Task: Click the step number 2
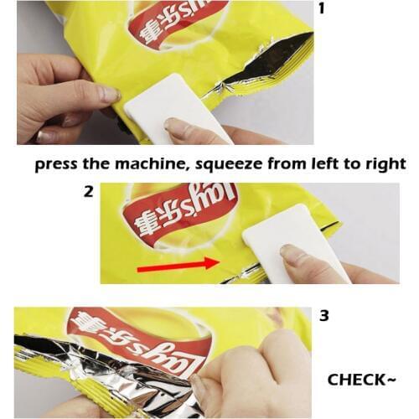point(88,191)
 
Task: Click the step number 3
point(323,316)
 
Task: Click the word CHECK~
point(361,380)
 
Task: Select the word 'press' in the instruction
point(57,163)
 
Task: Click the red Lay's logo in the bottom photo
point(138,335)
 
